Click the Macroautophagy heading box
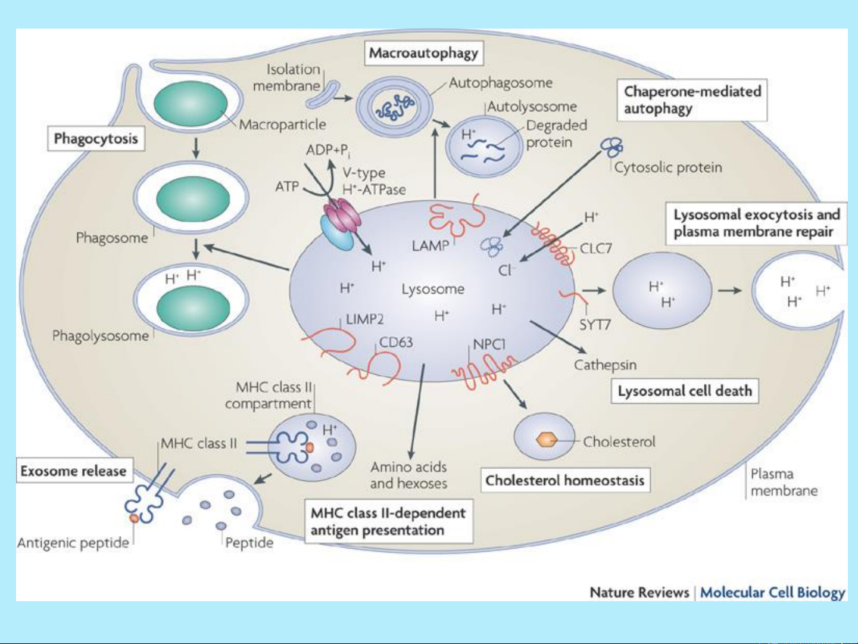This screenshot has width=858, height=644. coord(423,53)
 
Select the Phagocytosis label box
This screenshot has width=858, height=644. coord(96,139)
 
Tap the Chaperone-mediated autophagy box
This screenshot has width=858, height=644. coord(692,100)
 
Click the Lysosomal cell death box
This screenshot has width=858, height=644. coord(685,391)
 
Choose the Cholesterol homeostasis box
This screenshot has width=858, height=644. coord(565,480)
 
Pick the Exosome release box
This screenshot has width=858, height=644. coord(73,471)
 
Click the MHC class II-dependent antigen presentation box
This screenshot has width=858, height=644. coord(388,522)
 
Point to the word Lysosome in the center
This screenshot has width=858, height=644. coord(433,290)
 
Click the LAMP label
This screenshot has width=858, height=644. coord(430,245)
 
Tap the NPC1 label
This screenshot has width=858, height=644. coord(489,344)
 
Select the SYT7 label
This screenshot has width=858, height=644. coord(595,325)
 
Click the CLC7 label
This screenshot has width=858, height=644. coord(596,248)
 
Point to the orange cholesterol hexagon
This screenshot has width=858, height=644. coord(546,440)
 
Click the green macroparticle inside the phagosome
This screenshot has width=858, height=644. coord(192,199)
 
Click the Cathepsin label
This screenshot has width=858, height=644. coord(605,365)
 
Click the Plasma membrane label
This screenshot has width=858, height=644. coord(784,483)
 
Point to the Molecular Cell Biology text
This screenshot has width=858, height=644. coord(772,593)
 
